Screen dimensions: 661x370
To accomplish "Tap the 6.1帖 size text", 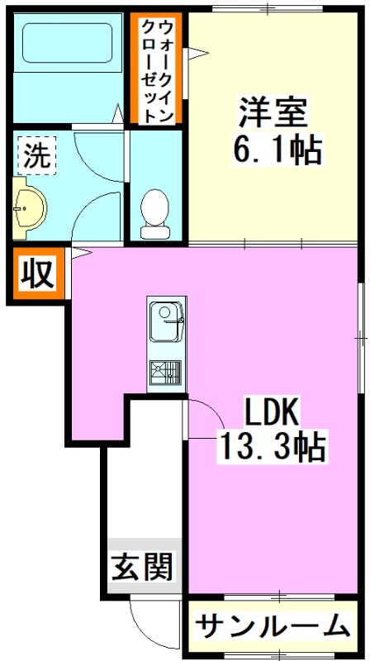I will (277, 151).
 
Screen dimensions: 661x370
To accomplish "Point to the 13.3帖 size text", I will (272, 448).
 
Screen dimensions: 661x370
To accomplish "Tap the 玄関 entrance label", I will (143, 567).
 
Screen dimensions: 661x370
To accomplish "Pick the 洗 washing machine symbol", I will (35, 156).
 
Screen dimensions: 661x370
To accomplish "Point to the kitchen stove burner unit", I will (167, 373).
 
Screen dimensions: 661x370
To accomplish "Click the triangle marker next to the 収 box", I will (79, 253).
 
